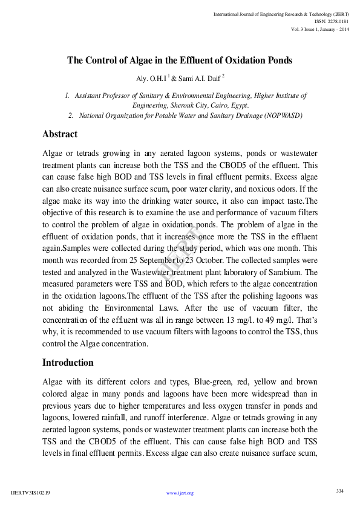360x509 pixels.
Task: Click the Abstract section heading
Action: (60, 134)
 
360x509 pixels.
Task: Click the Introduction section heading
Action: (68, 363)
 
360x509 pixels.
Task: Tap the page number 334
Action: (339, 490)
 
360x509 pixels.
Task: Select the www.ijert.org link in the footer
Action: (180, 493)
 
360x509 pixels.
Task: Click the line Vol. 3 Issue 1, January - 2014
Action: (319, 29)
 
